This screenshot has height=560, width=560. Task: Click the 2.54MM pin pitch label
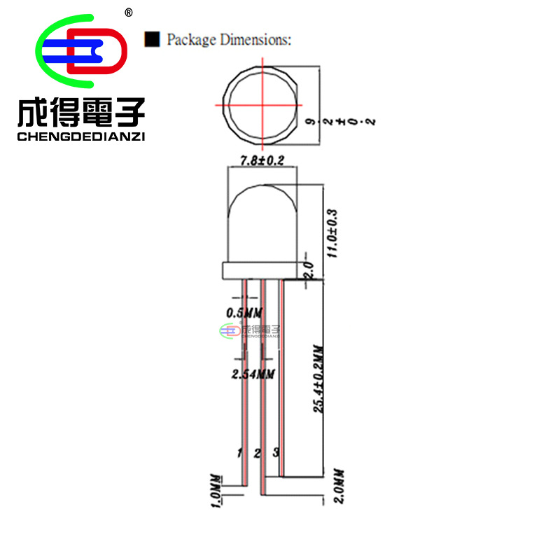[x=253, y=374]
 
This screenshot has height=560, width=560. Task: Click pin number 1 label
[x=239, y=453]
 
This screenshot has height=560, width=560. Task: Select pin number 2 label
[x=257, y=453]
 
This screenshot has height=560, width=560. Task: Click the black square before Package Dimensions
[x=152, y=39]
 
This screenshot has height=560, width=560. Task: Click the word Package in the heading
[x=192, y=40]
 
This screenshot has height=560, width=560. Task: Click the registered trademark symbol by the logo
[x=128, y=12]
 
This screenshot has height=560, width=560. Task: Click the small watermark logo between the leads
[x=250, y=330]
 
